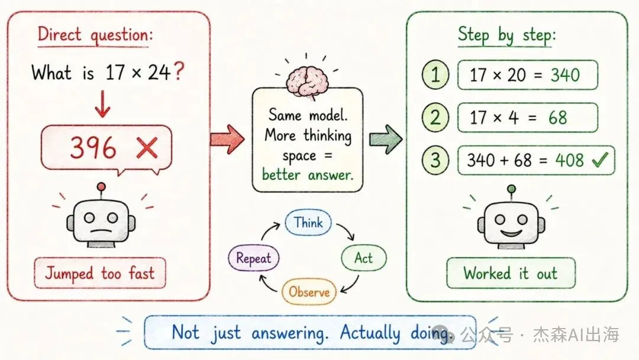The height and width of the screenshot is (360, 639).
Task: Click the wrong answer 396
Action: tap(93, 147)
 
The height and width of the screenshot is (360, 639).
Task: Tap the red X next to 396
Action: tap(147, 147)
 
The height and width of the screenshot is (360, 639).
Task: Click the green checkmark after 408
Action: tap(600, 159)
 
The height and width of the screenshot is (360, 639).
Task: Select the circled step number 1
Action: tap(435, 75)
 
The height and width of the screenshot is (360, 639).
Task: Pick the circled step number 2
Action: tap(435, 117)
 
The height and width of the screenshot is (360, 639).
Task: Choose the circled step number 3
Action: tap(435, 160)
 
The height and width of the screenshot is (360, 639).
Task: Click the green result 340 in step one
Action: tap(565, 75)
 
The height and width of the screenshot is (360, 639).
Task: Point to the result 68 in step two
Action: tap(557, 117)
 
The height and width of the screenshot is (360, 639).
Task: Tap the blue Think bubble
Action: tap(308, 223)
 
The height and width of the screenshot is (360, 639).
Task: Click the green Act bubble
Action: tap(363, 258)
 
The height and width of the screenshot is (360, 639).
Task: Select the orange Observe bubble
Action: tap(309, 291)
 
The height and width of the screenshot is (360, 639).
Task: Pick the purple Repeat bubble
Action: tap(253, 258)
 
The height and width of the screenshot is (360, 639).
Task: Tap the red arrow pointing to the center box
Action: tap(227, 139)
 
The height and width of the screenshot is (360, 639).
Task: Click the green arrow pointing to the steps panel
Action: tap(386, 139)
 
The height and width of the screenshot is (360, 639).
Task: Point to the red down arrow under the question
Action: tap(102, 104)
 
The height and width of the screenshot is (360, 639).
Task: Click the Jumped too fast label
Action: tap(100, 273)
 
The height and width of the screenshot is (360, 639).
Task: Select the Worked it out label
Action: tap(511, 273)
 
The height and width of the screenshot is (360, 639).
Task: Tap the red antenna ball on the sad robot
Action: tap(101, 187)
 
